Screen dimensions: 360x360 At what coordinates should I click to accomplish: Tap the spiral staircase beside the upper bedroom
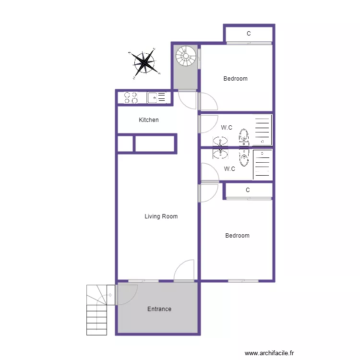(186, 56)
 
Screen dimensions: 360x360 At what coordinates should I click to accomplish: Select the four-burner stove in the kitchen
(131, 98)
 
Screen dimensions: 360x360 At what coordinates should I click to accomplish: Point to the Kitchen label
(149, 120)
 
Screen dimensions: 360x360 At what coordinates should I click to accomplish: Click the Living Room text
(161, 216)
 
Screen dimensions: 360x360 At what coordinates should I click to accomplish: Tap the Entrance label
(159, 309)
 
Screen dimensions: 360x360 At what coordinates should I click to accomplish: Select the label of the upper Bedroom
(235, 79)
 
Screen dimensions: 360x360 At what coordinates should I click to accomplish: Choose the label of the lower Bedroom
(237, 236)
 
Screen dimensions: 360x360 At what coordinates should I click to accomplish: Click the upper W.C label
(227, 128)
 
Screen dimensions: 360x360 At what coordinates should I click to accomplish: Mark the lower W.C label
(229, 169)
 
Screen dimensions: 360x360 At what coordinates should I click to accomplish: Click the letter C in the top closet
(248, 34)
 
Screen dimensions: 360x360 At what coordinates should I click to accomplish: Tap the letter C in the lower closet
(248, 190)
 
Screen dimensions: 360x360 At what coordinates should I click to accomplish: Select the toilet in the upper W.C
(244, 137)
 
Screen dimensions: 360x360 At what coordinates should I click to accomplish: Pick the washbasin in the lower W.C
(220, 153)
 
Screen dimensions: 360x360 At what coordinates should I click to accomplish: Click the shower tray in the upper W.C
(263, 130)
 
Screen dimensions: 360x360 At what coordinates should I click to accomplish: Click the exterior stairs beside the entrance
(97, 310)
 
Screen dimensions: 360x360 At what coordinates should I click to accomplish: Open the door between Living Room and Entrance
(184, 271)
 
